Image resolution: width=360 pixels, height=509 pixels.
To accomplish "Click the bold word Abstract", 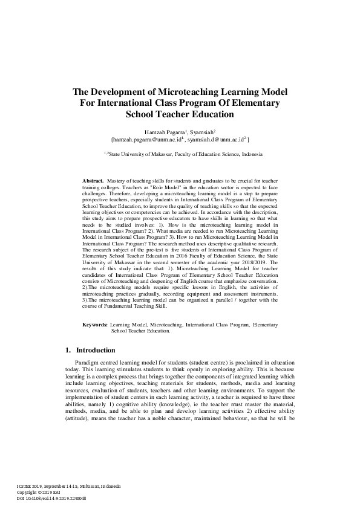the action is point(92,181).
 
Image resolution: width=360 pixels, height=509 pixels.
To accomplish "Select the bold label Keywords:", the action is point(95,325).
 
